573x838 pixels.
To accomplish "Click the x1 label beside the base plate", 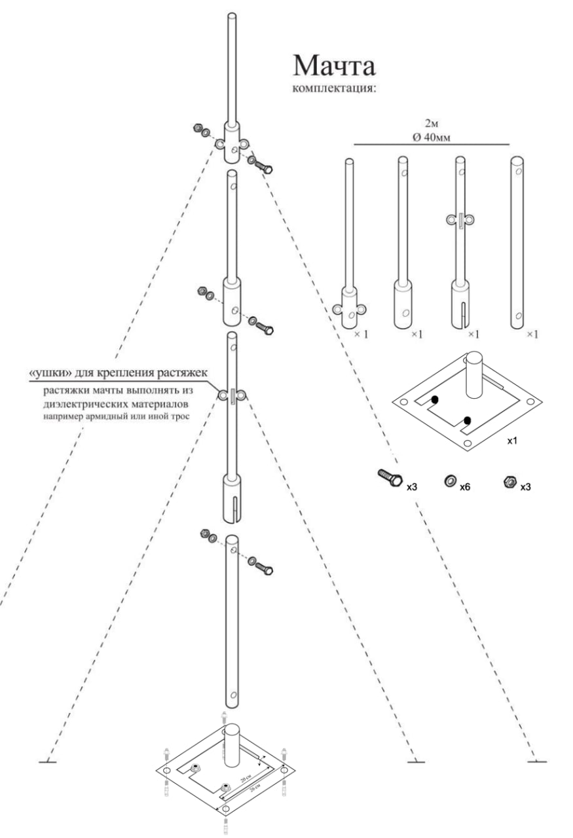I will (513, 441).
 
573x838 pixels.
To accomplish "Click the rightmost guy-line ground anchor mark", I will (538, 761).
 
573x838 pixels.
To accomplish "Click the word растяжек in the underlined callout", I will (183, 373).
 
